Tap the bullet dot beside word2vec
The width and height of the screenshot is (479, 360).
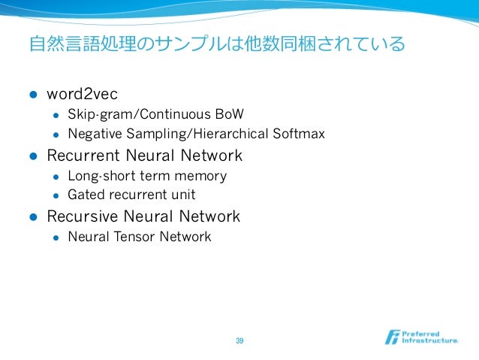[32, 95]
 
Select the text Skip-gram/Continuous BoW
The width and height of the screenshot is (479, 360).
[155, 115]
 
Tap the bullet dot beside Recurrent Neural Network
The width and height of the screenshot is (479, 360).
[32, 156]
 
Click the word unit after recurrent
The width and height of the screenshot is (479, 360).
[183, 195]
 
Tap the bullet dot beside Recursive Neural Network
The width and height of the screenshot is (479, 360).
[32, 217]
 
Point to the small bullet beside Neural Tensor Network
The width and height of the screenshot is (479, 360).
[55, 237]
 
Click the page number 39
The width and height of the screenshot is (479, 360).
[239, 341]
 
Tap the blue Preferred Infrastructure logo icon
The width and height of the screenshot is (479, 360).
[393, 337]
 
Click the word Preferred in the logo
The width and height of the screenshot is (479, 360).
[421, 332]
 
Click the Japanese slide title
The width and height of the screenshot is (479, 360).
[216, 44]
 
